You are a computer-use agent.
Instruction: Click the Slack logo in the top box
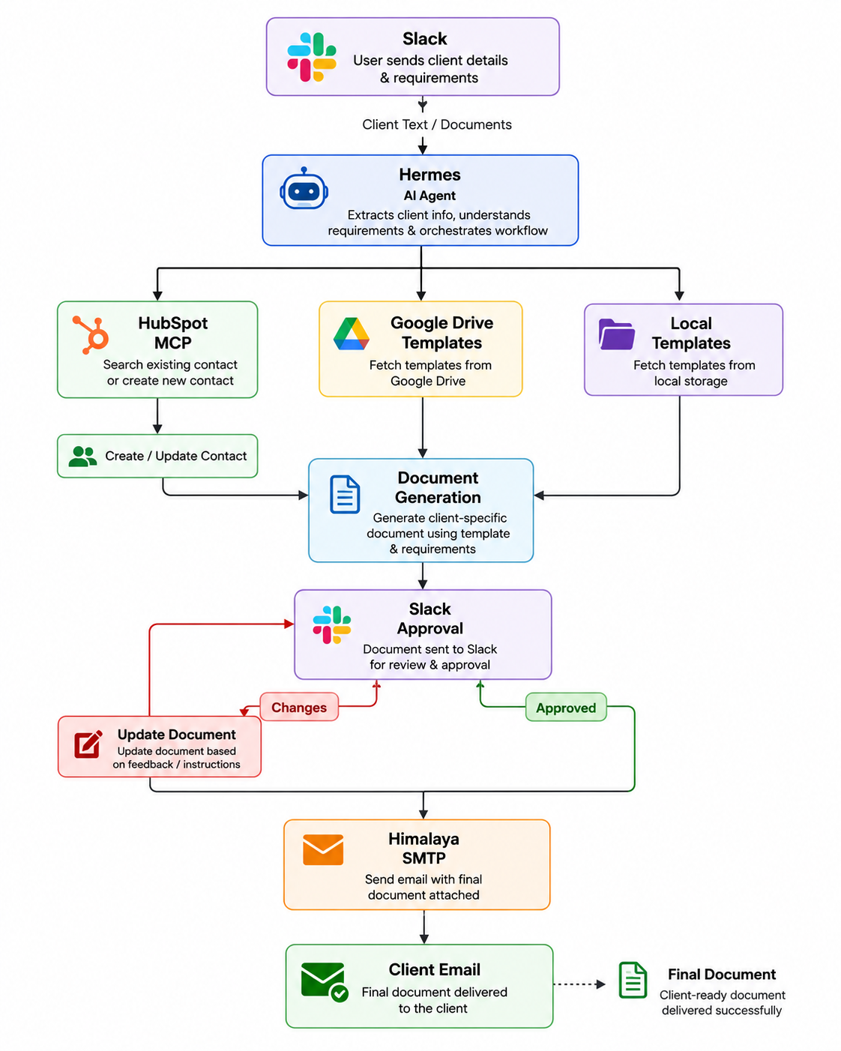click(x=311, y=57)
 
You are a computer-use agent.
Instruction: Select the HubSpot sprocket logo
click(x=91, y=334)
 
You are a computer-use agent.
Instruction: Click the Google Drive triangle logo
click(x=351, y=334)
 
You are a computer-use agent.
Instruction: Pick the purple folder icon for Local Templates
click(x=616, y=334)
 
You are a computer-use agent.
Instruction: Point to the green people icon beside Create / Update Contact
click(x=82, y=456)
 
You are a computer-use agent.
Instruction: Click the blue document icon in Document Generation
click(x=345, y=494)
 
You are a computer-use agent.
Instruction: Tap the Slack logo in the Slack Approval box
click(x=331, y=624)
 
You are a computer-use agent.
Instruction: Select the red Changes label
click(x=299, y=707)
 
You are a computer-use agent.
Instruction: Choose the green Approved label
click(x=566, y=707)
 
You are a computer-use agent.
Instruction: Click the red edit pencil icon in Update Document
click(x=88, y=744)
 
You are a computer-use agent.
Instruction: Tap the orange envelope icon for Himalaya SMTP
click(x=323, y=849)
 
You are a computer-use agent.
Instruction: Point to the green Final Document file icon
click(x=633, y=980)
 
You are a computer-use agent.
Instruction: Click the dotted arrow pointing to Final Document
click(x=579, y=984)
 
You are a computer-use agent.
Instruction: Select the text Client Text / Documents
click(x=437, y=124)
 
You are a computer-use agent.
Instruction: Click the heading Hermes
click(x=429, y=175)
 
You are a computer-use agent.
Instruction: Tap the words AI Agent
click(x=429, y=196)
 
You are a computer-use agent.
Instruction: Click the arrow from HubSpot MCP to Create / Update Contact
click(x=157, y=415)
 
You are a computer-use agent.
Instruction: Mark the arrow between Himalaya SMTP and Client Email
click(x=424, y=927)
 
